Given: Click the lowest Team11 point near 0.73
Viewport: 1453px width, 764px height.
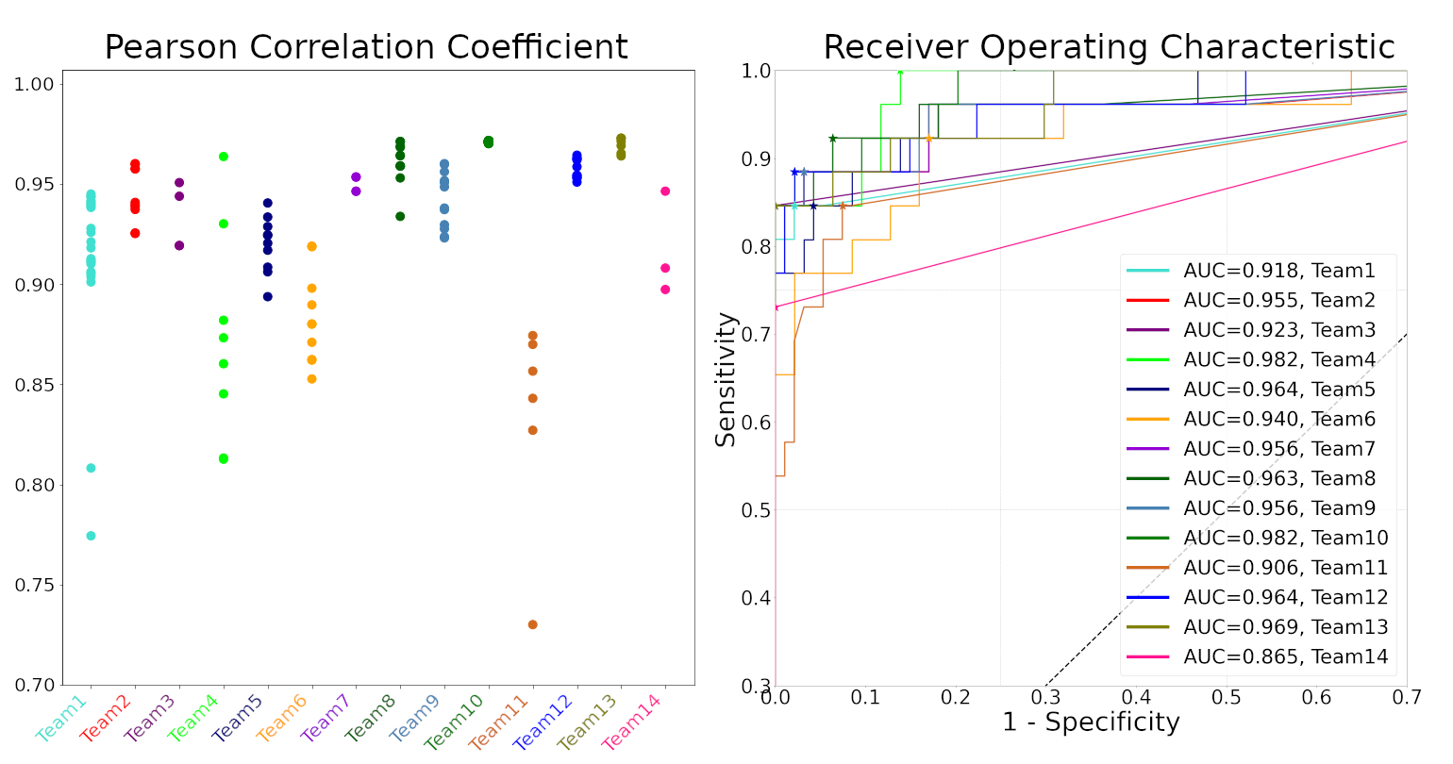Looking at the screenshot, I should (x=532, y=624).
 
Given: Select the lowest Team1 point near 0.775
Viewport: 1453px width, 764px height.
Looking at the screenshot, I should (x=91, y=536).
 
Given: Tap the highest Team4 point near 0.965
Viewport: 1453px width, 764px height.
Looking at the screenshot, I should (x=224, y=157).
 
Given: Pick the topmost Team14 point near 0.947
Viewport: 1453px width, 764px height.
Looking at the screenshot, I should (x=665, y=191).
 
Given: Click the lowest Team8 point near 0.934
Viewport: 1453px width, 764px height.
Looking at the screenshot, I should (x=400, y=216).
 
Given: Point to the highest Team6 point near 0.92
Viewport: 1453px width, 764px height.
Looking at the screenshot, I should (x=311, y=246).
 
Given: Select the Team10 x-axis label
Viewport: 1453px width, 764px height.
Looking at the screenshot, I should (x=455, y=722).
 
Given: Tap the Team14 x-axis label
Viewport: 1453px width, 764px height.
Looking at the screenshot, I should (x=631, y=722).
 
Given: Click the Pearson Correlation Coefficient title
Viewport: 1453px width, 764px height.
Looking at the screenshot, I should (x=366, y=47).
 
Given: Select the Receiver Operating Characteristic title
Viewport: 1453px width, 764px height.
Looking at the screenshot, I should (x=1109, y=47).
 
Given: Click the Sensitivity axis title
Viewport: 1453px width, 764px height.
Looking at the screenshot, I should (x=726, y=379).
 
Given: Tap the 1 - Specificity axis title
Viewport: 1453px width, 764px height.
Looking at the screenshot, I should (x=1091, y=722).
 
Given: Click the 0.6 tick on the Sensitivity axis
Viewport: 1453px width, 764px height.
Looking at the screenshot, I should (x=757, y=423).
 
